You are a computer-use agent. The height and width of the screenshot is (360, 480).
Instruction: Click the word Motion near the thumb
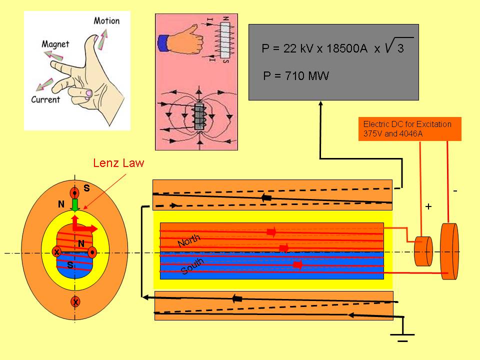pos(106,21)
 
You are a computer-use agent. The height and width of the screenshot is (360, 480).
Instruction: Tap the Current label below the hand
pos(45,99)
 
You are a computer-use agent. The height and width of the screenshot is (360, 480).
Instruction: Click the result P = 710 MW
pos(296,76)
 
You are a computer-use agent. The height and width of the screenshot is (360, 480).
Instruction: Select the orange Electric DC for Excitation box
pos(409,128)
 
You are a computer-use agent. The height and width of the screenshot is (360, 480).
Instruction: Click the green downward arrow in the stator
pos(75,205)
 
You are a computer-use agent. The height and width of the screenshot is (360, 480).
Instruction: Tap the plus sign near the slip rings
pos(428,206)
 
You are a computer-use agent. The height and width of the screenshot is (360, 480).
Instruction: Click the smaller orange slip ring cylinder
pos(423,251)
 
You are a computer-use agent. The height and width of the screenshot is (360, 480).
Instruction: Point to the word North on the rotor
pos(189,241)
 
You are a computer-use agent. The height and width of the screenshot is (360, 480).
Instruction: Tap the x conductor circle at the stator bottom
pos(75,302)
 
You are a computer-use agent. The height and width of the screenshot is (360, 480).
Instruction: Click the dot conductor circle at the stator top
pos(75,193)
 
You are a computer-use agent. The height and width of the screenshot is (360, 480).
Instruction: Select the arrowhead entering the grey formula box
pos(320,103)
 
